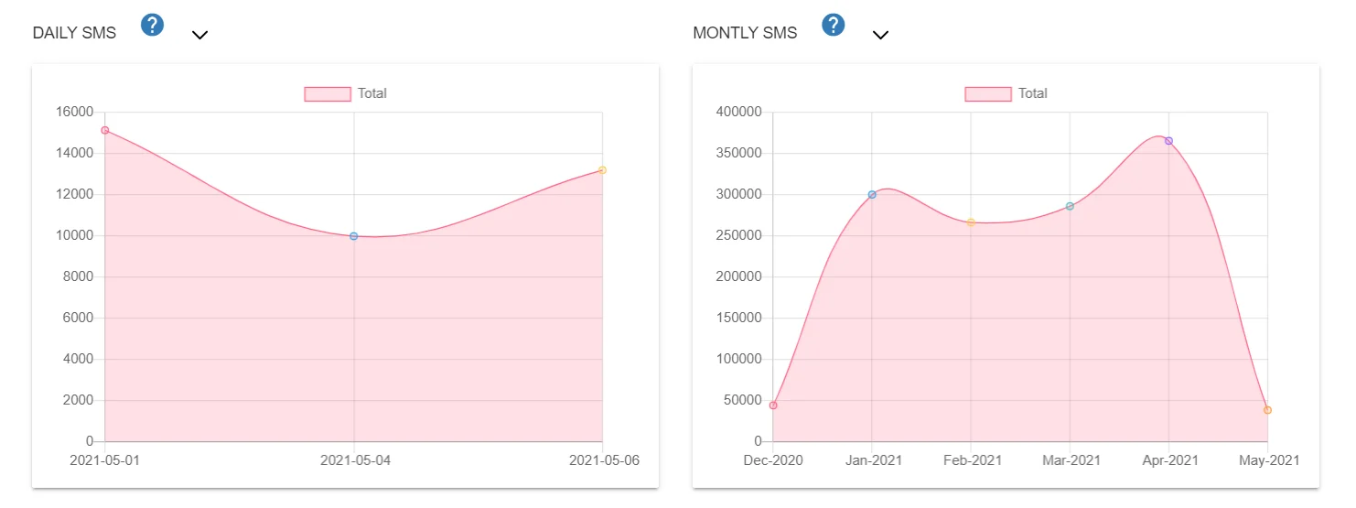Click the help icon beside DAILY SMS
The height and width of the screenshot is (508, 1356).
(152, 26)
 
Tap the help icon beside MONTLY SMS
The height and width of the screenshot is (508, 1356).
(833, 26)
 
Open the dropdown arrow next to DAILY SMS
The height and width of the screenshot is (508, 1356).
(199, 35)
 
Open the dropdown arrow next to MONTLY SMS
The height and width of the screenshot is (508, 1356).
(880, 35)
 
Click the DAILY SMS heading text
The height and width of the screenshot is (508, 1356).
(74, 33)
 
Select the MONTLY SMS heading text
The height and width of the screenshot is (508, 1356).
(745, 33)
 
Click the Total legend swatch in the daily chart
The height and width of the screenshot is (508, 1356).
(328, 93)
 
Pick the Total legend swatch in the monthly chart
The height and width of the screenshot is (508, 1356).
(988, 93)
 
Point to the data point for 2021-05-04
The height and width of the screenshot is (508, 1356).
(354, 236)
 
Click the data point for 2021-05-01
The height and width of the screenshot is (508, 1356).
(105, 130)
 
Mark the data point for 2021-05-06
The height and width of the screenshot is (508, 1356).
(602, 170)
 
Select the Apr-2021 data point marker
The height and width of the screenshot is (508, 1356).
(1168, 141)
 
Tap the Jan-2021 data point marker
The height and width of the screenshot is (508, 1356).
(872, 194)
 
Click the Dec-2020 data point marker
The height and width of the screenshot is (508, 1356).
(773, 405)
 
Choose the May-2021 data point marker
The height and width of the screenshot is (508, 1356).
(1267, 410)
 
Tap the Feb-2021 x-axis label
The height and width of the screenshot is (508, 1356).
(972, 460)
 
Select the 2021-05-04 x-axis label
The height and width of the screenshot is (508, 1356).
(355, 460)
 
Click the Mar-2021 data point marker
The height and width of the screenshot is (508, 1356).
(1070, 206)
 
